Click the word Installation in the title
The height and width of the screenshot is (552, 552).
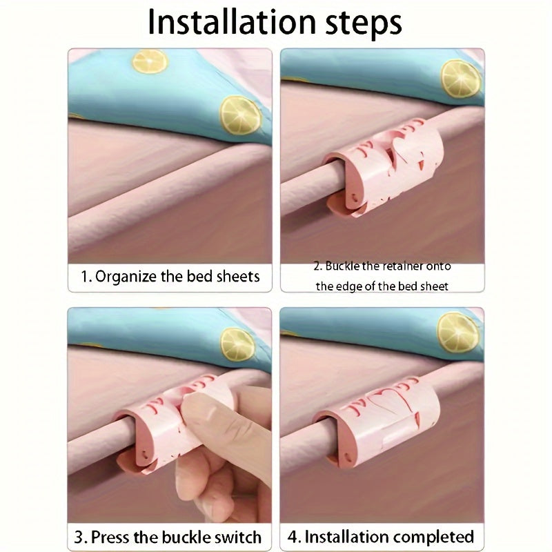click(x=233, y=21)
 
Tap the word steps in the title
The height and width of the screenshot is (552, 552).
click(x=364, y=24)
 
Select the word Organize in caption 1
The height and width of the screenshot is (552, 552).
click(x=126, y=277)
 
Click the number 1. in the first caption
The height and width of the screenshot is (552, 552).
click(x=87, y=277)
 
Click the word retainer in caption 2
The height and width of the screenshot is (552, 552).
click(x=403, y=266)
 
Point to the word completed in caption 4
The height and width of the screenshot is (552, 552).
click(x=433, y=538)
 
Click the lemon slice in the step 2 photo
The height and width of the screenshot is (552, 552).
click(x=460, y=79)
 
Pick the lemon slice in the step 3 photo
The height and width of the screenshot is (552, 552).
click(x=237, y=344)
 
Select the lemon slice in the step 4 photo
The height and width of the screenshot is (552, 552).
click(x=457, y=333)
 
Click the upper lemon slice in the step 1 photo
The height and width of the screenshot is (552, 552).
click(x=150, y=61)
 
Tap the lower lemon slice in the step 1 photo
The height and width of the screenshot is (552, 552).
click(x=241, y=115)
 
